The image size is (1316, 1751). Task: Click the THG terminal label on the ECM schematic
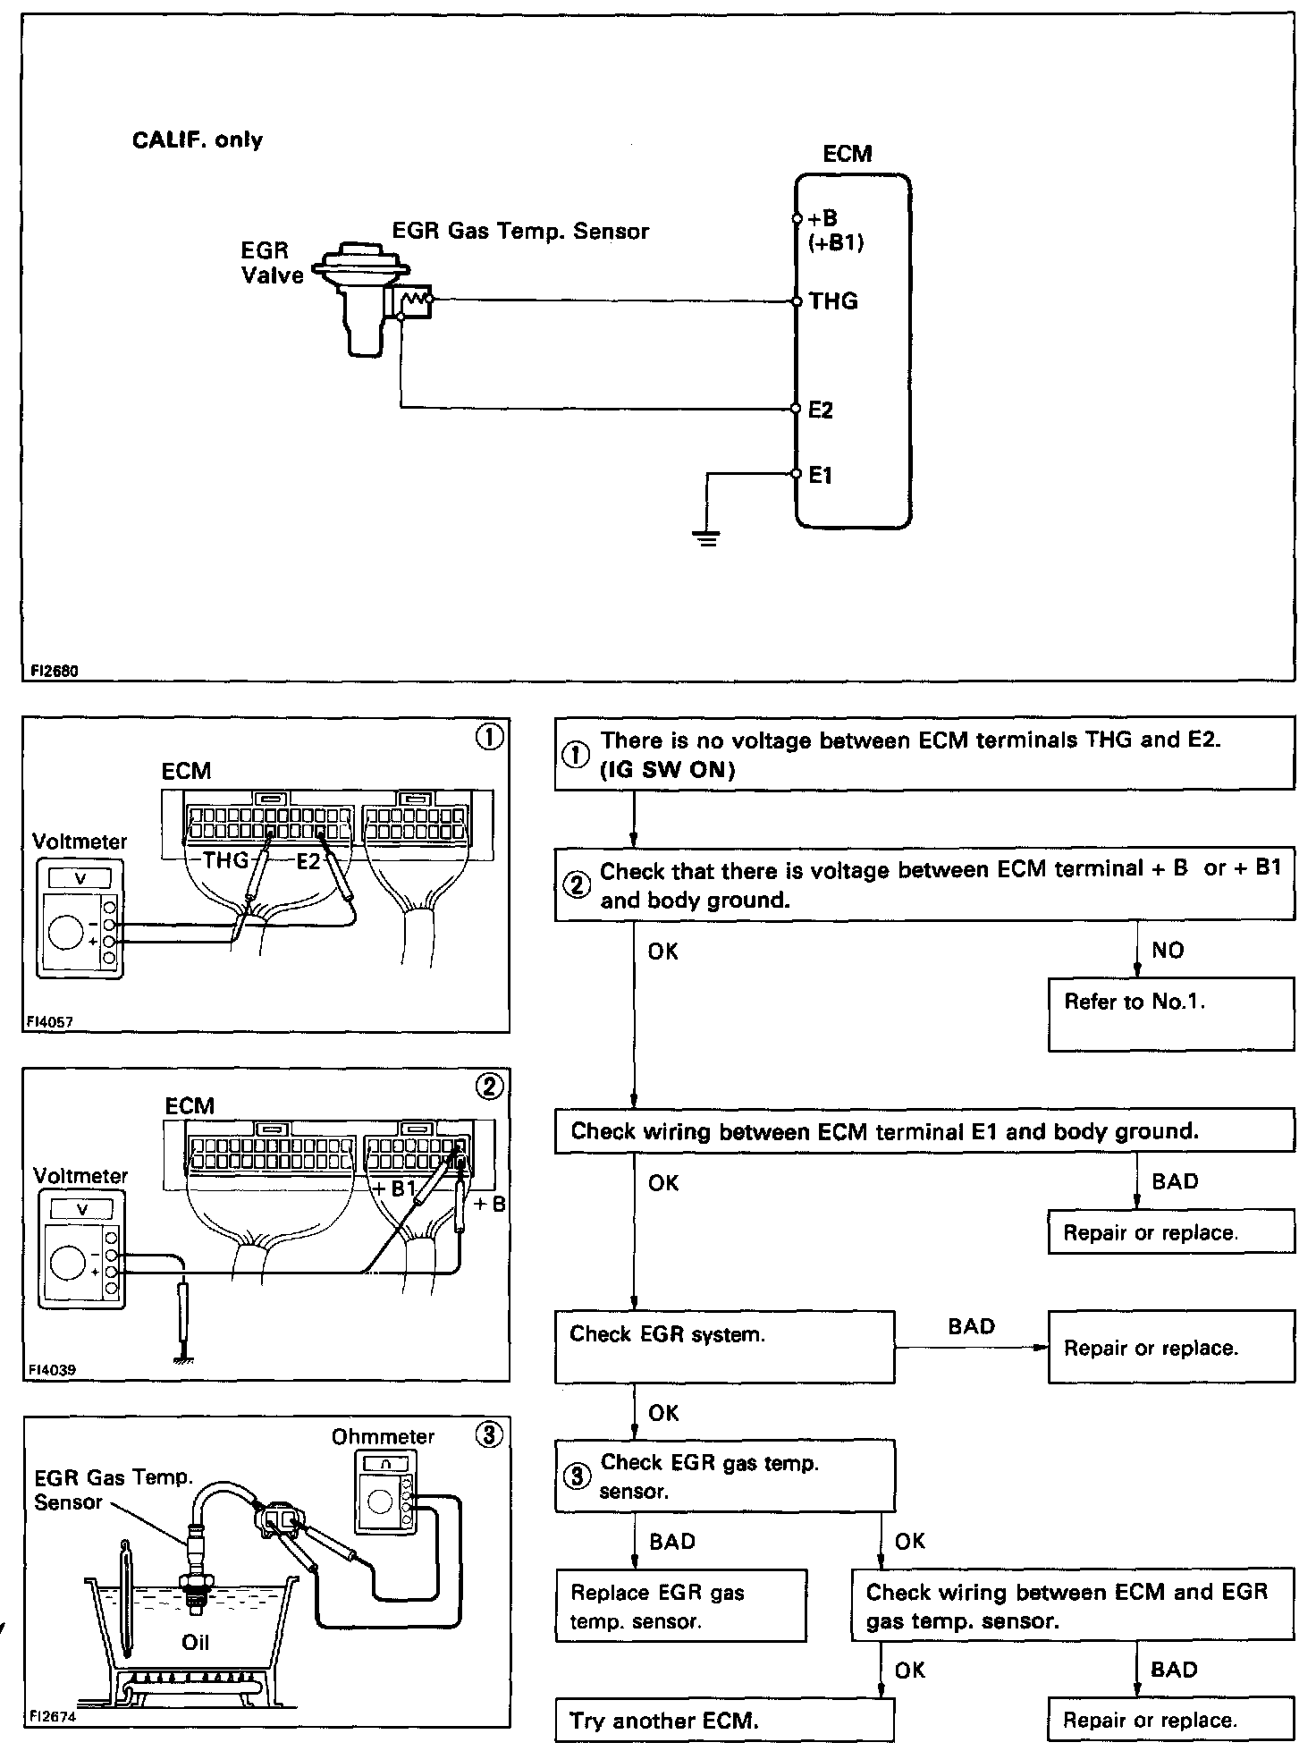[833, 301]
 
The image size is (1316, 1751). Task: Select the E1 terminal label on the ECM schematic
[820, 476]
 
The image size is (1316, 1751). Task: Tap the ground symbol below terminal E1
[707, 537]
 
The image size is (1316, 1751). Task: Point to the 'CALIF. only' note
[198, 140]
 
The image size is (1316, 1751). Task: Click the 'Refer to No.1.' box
[1170, 1013]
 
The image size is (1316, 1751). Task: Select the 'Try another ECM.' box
[724, 1720]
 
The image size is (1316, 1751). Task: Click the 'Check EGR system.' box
[724, 1346]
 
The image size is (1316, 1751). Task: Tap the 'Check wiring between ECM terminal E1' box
[924, 1131]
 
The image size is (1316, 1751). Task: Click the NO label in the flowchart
[1168, 950]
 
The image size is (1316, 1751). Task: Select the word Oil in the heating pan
[195, 1642]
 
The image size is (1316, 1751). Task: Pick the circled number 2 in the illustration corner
[490, 1087]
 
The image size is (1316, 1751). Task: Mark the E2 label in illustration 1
[308, 862]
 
